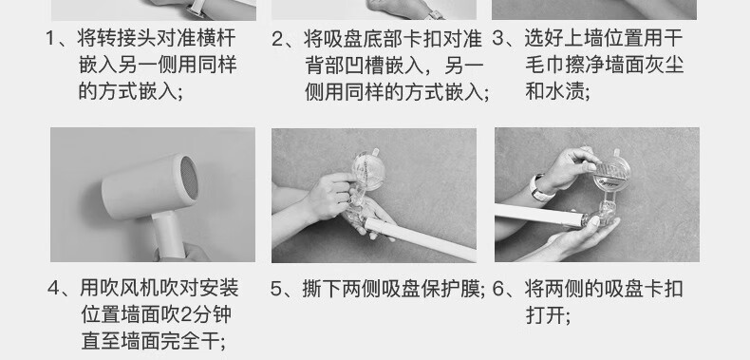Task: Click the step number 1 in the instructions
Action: tap(50, 39)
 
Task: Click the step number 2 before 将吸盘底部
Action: tap(277, 39)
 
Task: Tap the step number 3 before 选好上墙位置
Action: tap(498, 39)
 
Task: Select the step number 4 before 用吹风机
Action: tap(54, 289)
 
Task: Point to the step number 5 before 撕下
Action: tap(276, 289)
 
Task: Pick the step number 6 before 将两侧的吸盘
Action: tap(498, 289)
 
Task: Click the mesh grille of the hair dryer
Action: tap(189, 178)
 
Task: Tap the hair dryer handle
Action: tap(168, 236)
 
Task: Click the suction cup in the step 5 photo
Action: tap(368, 169)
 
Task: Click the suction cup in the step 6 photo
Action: tap(611, 174)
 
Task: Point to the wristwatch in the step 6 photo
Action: tap(539, 188)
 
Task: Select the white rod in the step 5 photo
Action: tap(420, 238)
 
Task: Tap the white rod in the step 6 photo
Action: tap(539, 215)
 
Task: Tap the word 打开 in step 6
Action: tap(545, 315)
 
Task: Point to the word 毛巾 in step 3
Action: tap(545, 66)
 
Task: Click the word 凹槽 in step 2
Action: tap(365, 66)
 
